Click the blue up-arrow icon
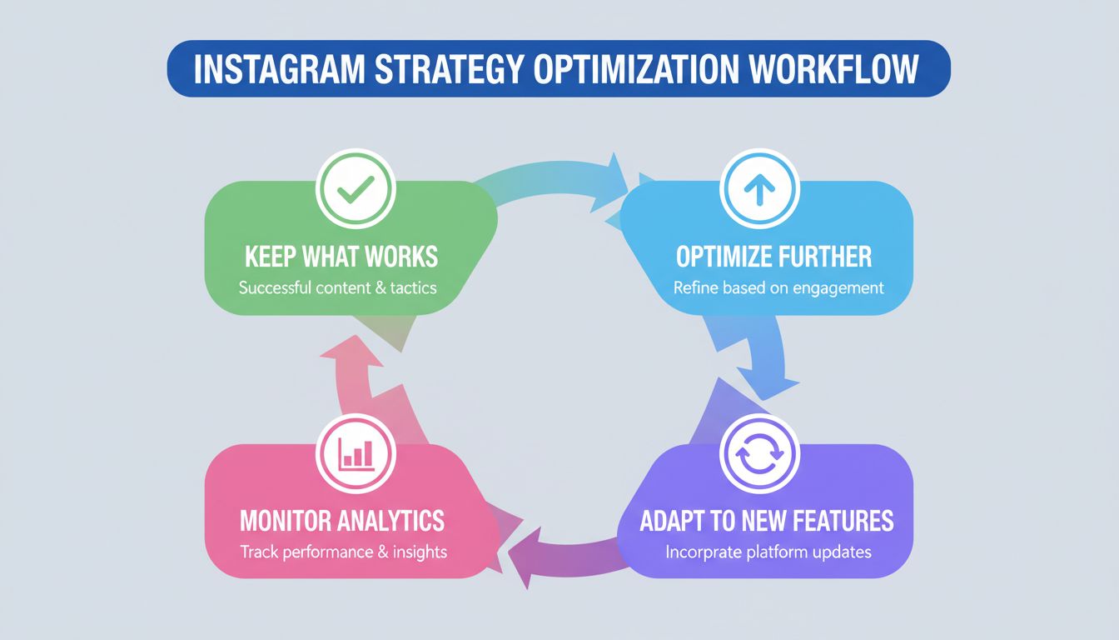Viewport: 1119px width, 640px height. pyautogui.click(x=758, y=192)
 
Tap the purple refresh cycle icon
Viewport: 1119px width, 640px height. pyautogui.click(x=758, y=455)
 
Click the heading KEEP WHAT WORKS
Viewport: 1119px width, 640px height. pyautogui.click(x=341, y=257)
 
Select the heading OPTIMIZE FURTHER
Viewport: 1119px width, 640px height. pyautogui.click(x=774, y=257)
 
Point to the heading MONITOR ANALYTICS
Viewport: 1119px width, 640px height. pyautogui.click(x=341, y=521)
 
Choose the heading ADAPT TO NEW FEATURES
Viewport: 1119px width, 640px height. pyautogui.click(x=766, y=521)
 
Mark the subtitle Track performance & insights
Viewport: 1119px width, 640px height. pyautogui.click(x=343, y=552)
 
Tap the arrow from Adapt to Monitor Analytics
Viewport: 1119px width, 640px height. pyautogui.click(x=566, y=554)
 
